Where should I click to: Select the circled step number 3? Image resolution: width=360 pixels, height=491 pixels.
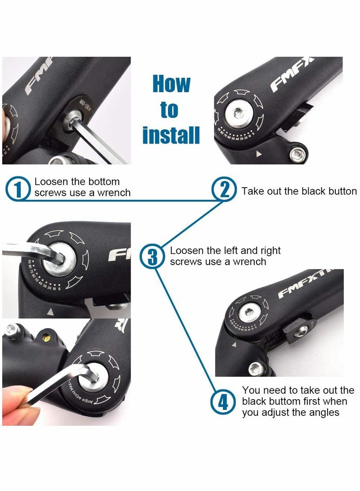[153, 257]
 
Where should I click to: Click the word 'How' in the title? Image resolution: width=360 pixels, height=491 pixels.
[171, 84]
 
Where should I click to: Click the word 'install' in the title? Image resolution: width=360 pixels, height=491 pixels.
[171, 135]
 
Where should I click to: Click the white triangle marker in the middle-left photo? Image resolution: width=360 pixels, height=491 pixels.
[51, 311]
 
